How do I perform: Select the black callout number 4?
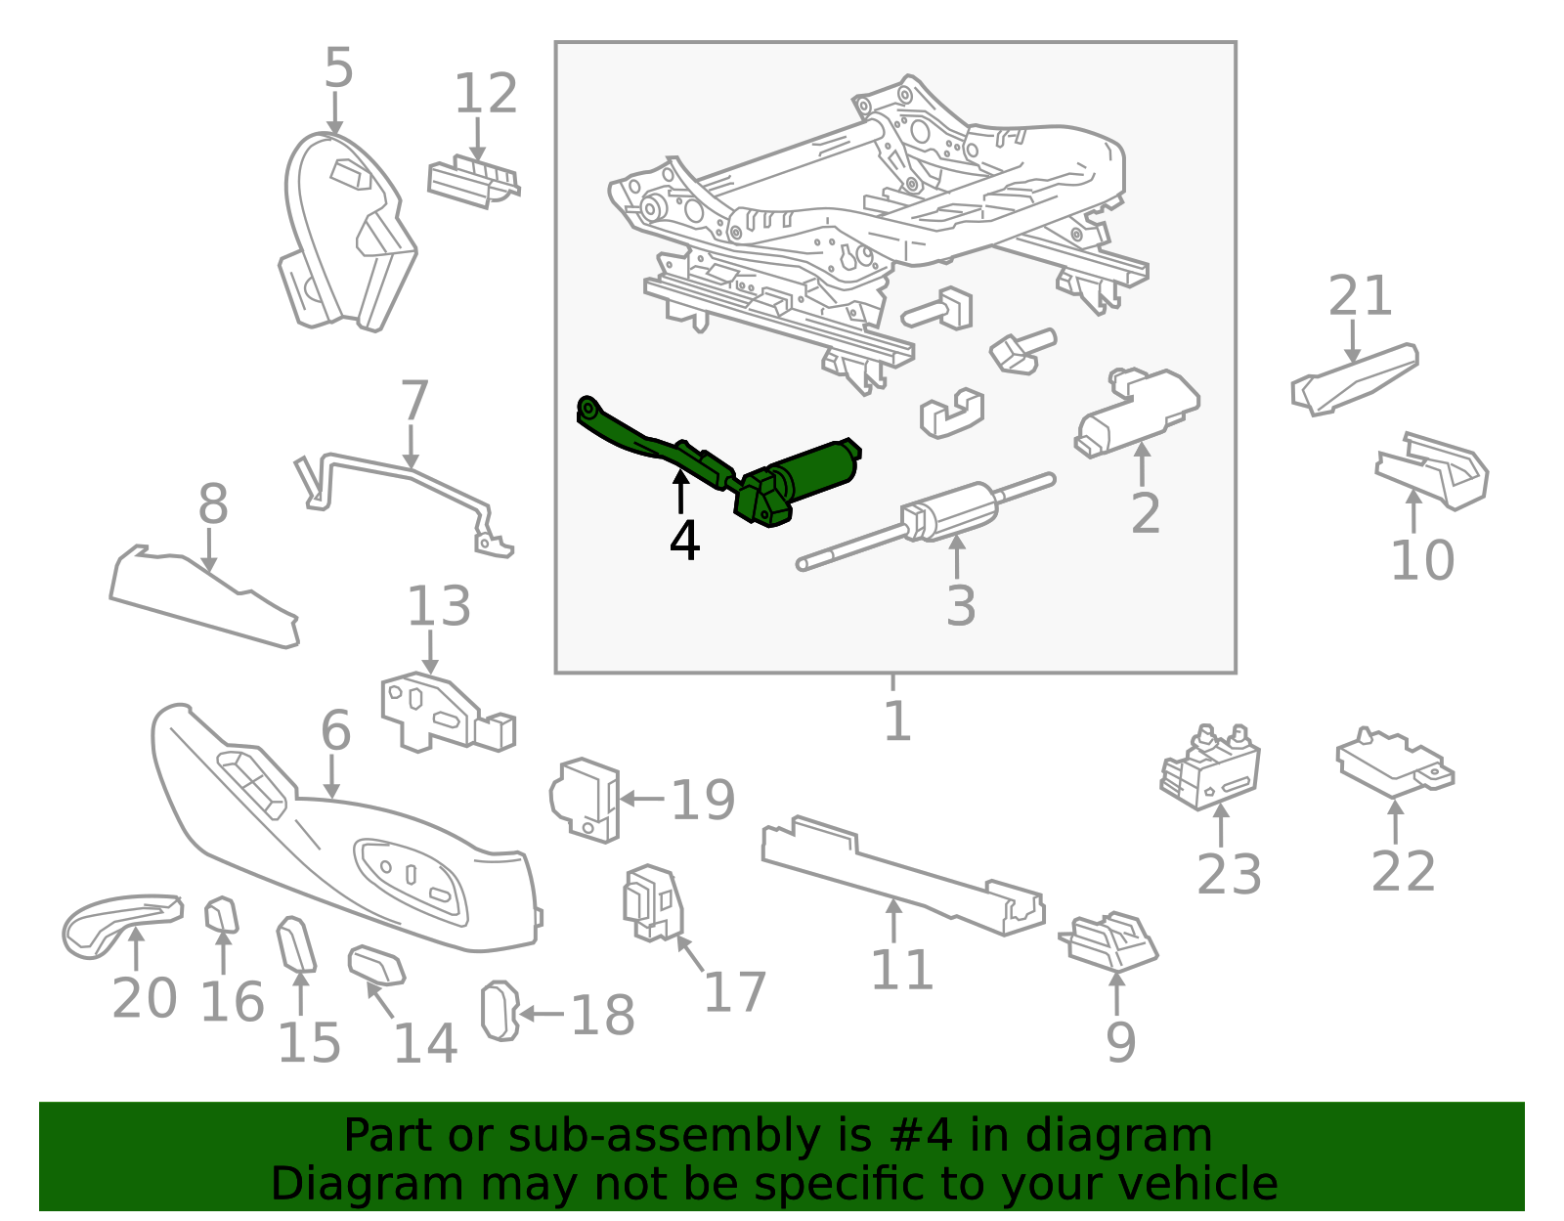[x=684, y=541]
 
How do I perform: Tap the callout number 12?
[x=486, y=94]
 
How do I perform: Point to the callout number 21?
[x=1360, y=295]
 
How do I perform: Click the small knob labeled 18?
[x=499, y=1011]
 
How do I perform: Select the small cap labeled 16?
[x=221, y=914]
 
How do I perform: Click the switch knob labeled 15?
[x=296, y=944]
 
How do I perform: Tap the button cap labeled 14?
[x=375, y=965]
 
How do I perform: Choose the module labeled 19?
[x=585, y=800]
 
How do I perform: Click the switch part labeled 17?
[x=653, y=903]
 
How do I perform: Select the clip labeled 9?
[x=1108, y=941]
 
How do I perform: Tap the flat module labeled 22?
[x=1395, y=764]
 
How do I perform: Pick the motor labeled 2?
[x=1137, y=413]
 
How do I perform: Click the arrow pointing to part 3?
[x=957, y=557]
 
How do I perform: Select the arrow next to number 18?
[x=542, y=1014]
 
